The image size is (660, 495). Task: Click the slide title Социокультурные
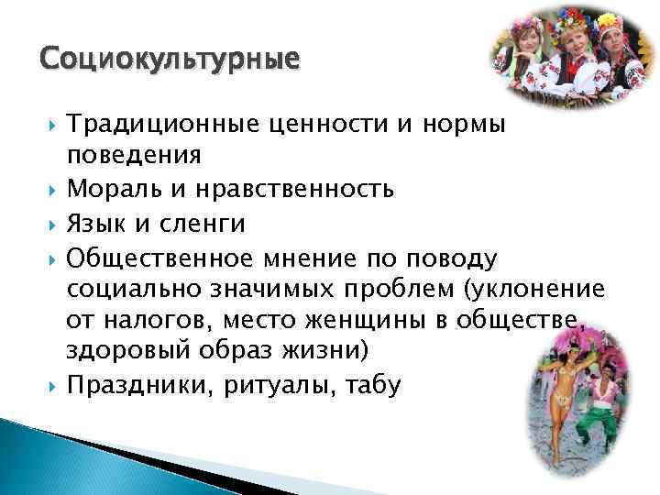[x=170, y=60]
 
